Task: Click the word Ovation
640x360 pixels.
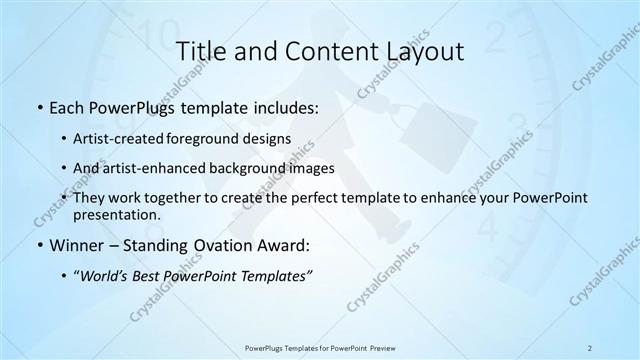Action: pyautogui.click(x=211, y=245)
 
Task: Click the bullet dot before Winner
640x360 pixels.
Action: pyautogui.click(x=38, y=245)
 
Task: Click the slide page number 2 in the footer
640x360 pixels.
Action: pyautogui.click(x=590, y=347)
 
